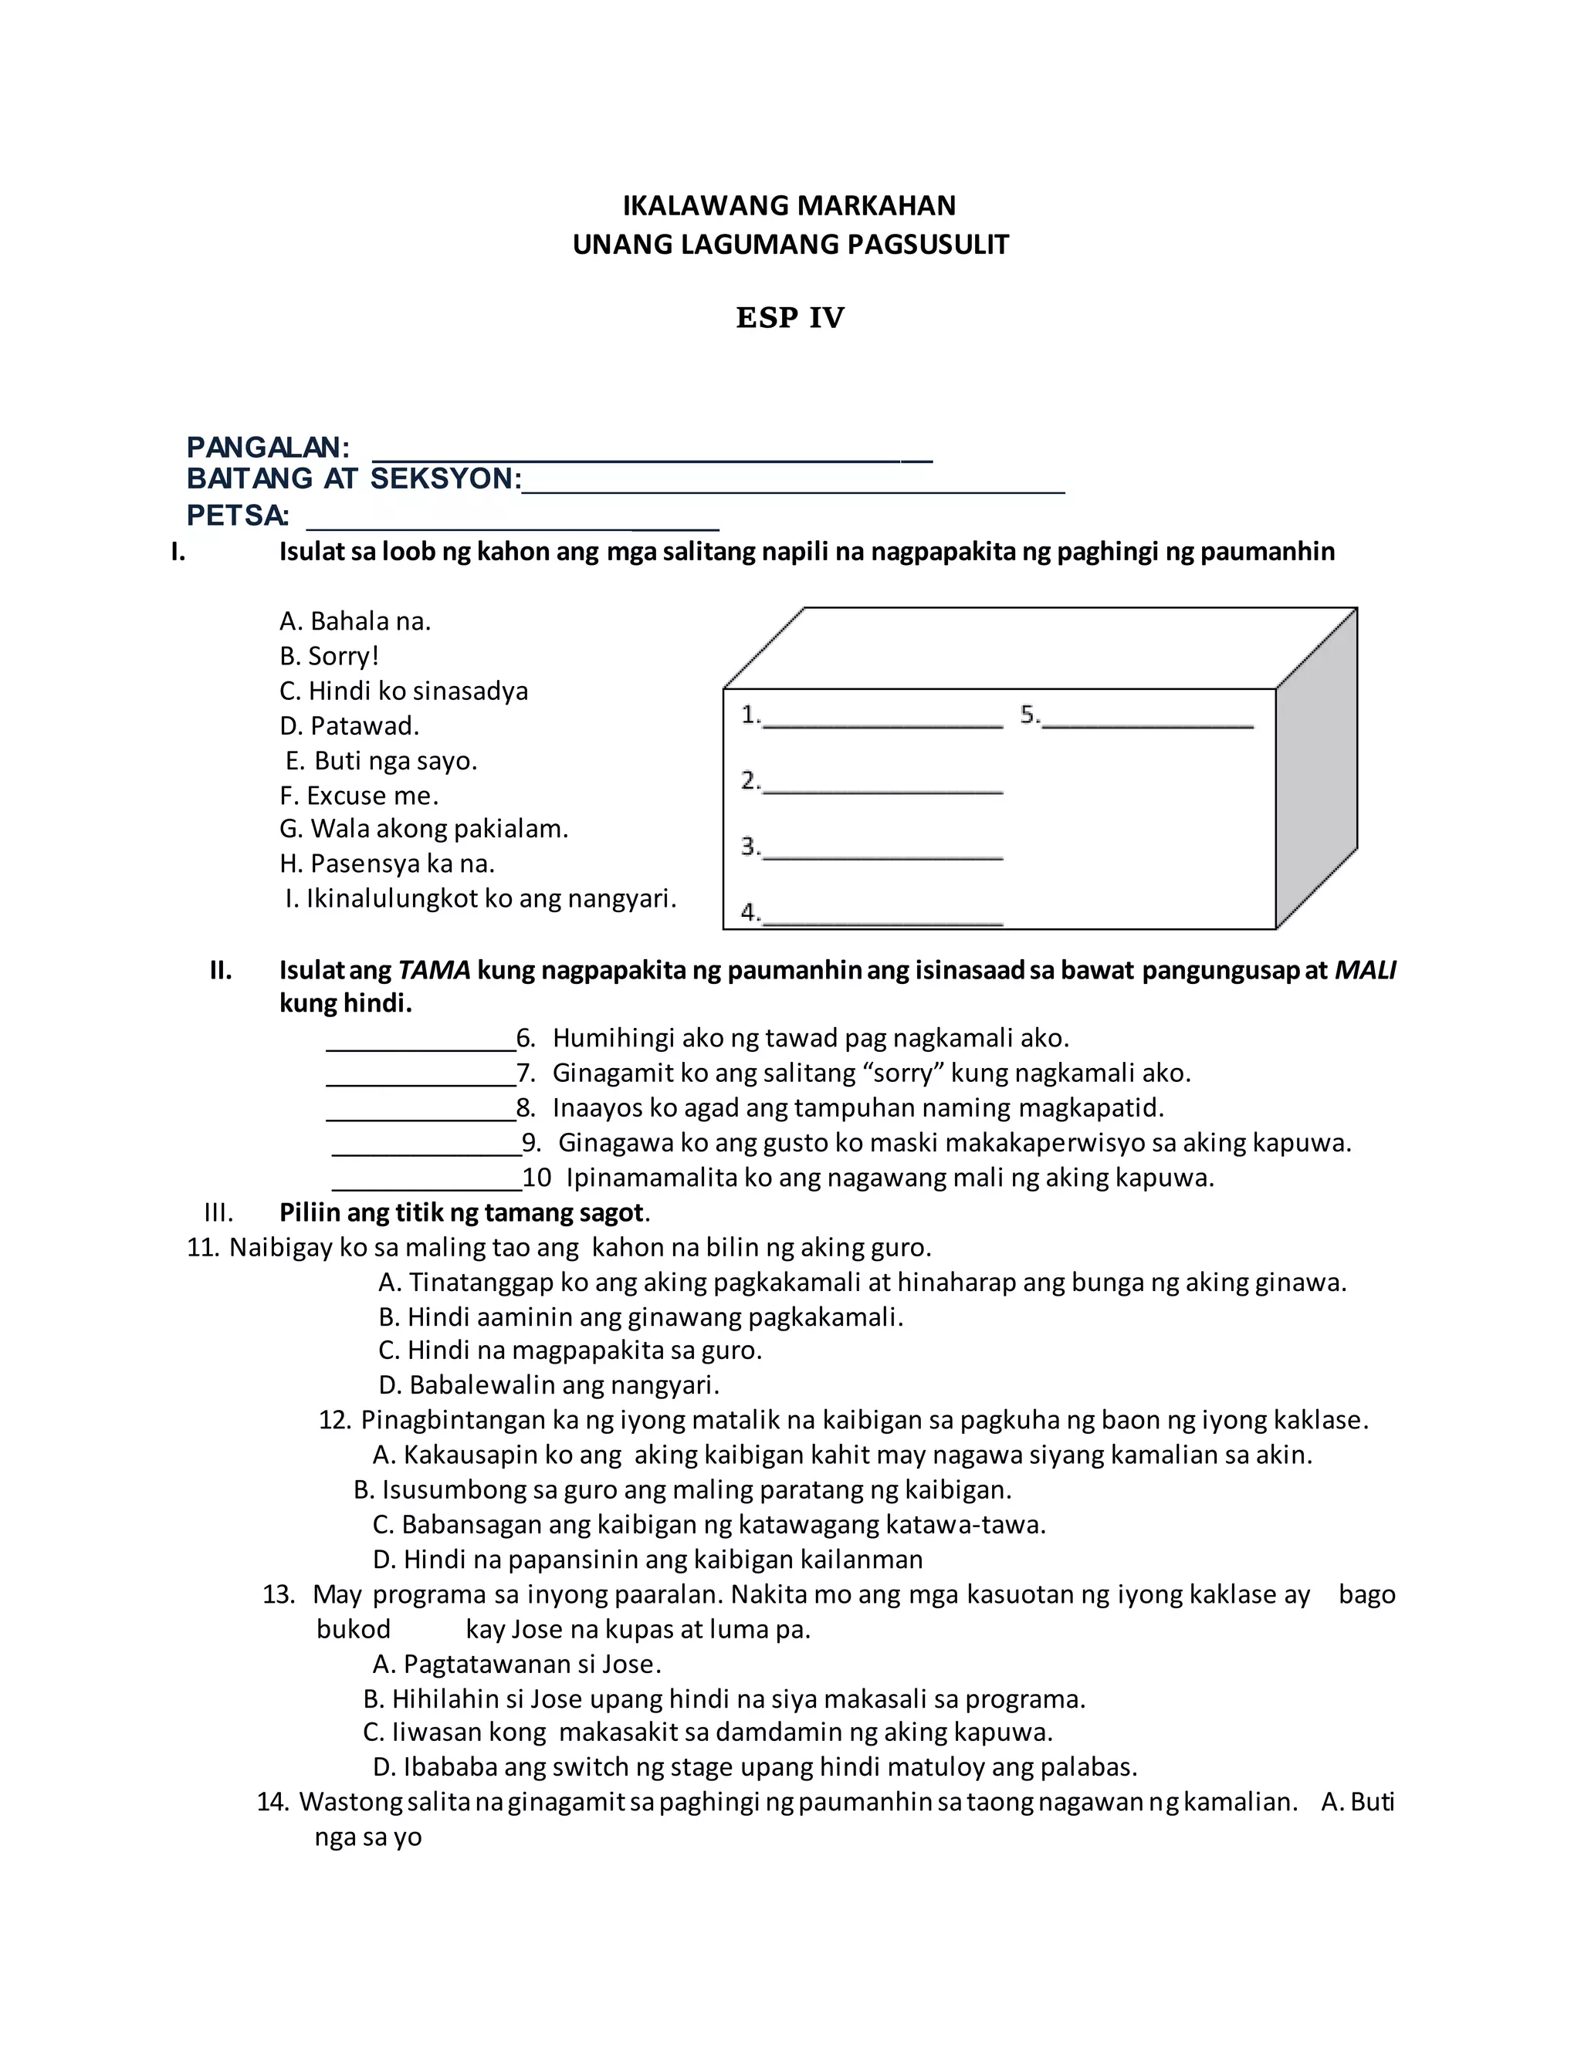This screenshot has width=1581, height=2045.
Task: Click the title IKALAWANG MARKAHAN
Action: click(790, 205)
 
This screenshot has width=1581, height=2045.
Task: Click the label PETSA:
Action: click(238, 515)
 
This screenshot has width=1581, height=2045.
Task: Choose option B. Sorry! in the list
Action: click(329, 655)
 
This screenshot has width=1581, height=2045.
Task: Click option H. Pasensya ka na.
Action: click(387, 864)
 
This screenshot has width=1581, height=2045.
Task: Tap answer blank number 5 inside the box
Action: click(1147, 719)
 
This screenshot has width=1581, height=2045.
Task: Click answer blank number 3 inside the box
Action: click(882, 850)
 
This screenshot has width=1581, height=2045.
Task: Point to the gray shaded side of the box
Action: click(1316, 768)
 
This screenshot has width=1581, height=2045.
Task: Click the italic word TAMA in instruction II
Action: click(434, 970)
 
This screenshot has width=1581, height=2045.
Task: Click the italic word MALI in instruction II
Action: click(1365, 970)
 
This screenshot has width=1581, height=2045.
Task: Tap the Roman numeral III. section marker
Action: click(218, 1212)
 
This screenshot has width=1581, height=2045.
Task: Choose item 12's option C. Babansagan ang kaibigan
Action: click(708, 1524)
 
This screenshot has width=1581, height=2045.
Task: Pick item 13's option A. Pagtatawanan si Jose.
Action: click(517, 1664)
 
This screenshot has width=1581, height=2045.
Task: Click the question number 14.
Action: click(272, 1802)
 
